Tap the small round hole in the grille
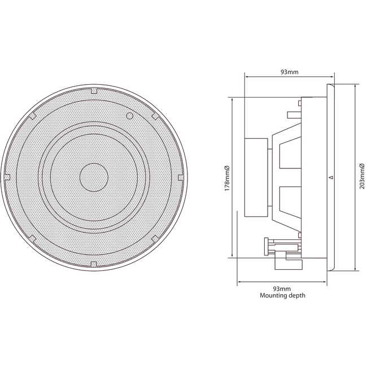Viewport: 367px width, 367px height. [130, 116]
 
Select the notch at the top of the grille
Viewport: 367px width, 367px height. [94, 90]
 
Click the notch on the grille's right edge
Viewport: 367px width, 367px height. [180, 177]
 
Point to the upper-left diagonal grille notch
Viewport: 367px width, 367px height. [33, 116]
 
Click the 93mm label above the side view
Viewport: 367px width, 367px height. [290, 72]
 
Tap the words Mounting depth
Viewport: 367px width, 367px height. [282, 295]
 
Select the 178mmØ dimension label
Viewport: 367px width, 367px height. [226, 177]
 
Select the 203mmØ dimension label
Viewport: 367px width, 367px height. [362, 177]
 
